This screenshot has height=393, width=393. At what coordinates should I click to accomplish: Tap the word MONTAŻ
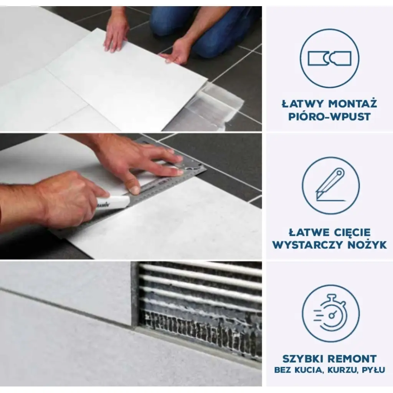coord(353,104)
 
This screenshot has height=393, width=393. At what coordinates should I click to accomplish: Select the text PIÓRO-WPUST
coord(329,117)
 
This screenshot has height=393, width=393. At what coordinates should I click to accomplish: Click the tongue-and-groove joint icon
coord(330,58)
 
